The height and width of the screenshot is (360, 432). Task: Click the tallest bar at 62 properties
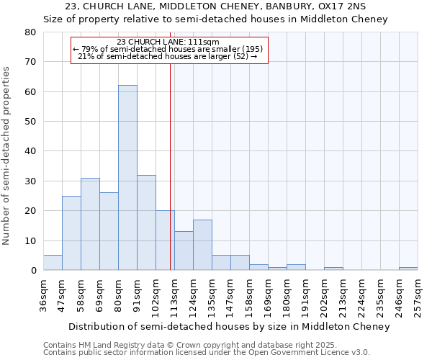pyautogui.click(x=127, y=178)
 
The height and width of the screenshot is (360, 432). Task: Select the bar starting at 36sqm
pyautogui.click(x=53, y=263)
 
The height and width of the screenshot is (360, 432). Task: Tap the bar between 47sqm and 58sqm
pyautogui.click(x=71, y=233)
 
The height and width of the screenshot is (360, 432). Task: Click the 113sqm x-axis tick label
pyautogui.click(x=175, y=292)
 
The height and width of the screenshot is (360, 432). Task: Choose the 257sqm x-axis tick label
pyautogui.click(x=418, y=292)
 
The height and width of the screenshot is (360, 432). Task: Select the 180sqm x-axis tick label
pyautogui.click(x=287, y=292)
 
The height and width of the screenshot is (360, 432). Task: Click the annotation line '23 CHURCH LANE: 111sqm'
pyautogui.click(x=168, y=42)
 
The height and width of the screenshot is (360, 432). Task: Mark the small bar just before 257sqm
pyautogui.click(x=408, y=269)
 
